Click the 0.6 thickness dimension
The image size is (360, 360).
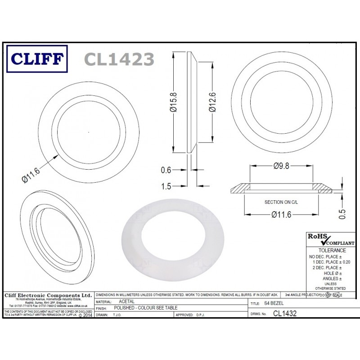coord(166,170)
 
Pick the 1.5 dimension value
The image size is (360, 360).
coord(166,186)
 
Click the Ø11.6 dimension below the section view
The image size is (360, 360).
coord(281,215)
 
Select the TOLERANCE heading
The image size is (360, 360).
coord(332,250)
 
